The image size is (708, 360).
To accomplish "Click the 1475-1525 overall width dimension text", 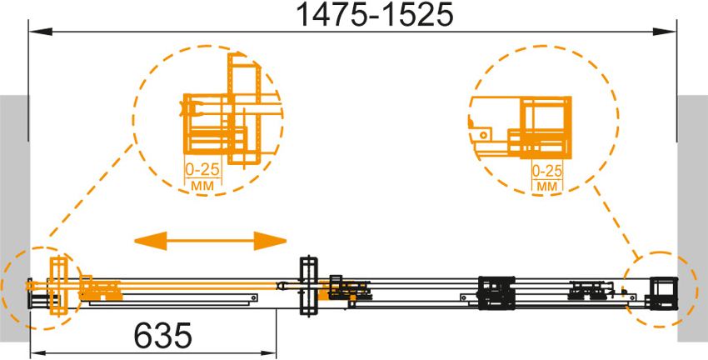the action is click(374, 16).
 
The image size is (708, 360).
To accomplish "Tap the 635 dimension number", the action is click(163, 336).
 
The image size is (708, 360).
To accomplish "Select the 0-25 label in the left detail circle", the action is click(202, 170).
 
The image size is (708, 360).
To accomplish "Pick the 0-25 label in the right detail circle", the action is click(547, 171).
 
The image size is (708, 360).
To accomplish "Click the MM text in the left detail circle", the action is click(203, 185).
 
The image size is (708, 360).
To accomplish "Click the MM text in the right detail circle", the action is click(547, 186).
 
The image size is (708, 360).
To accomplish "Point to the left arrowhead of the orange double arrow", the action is click(151, 240).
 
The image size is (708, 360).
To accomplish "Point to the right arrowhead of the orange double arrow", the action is click(270, 240).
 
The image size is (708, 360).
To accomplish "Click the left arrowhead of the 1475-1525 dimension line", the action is click(41, 32).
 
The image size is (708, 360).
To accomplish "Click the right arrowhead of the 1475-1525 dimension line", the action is click(664, 32).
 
